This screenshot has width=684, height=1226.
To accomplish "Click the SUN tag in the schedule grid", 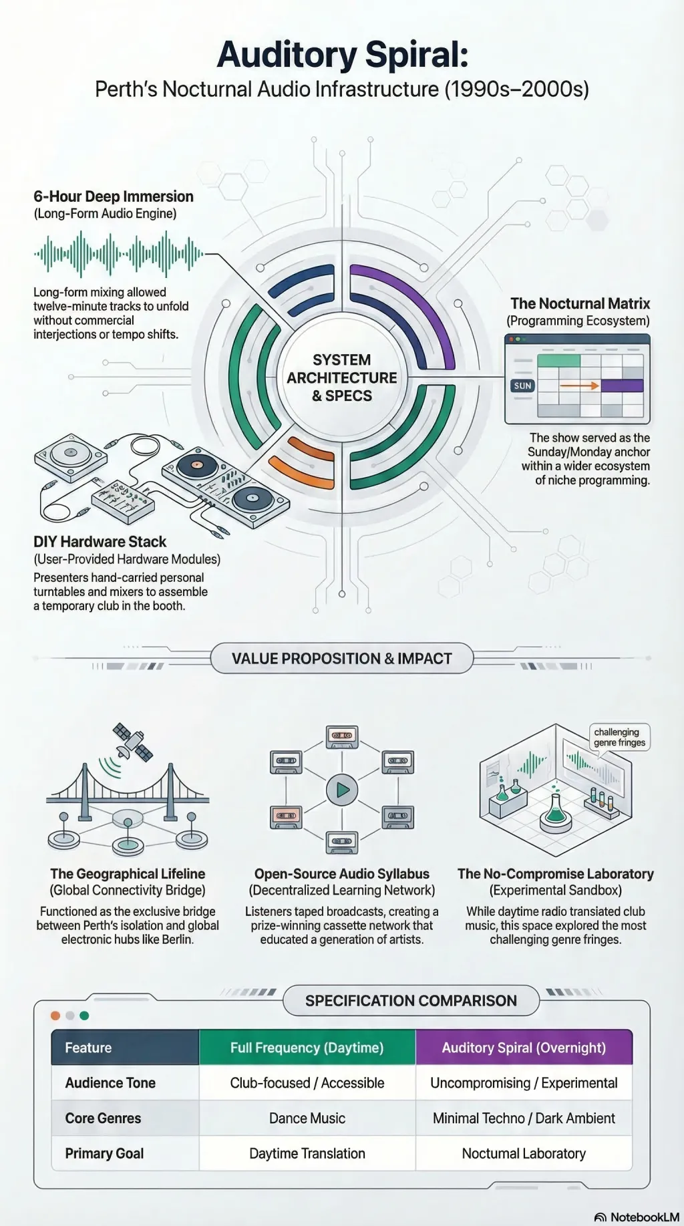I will tap(522, 386).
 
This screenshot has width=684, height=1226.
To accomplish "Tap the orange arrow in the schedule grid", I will tap(579, 386).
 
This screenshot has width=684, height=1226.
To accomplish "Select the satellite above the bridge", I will tap(132, 742).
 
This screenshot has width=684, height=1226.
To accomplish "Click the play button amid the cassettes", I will tap(342, 790).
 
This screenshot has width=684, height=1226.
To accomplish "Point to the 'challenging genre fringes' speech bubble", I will tap(619, 737).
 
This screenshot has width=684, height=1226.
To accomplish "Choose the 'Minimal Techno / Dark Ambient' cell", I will tap(524, 1118).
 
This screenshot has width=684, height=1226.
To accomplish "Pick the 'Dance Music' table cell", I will tap(307, 1118).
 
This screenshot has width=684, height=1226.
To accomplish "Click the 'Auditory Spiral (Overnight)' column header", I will tap(524, 1047).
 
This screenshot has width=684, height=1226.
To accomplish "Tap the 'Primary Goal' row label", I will tap(104, 1153).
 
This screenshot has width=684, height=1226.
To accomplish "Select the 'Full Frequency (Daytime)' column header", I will tap(307, 1047).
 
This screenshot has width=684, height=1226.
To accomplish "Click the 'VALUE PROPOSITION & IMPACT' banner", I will tap(342, 659).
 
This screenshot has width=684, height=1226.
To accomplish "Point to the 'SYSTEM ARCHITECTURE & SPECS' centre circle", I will tap(342, 377).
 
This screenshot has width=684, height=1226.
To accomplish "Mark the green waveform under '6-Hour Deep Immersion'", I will tap(119, 254).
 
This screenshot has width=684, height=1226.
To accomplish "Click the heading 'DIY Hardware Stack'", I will tap(100, 542).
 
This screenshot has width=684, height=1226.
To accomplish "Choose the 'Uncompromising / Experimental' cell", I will tap(524, 1082).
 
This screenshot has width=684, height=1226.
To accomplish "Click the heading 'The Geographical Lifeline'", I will tap(128, 874).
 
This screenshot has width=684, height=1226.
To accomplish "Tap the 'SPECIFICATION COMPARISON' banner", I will tap(411, 1000).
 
